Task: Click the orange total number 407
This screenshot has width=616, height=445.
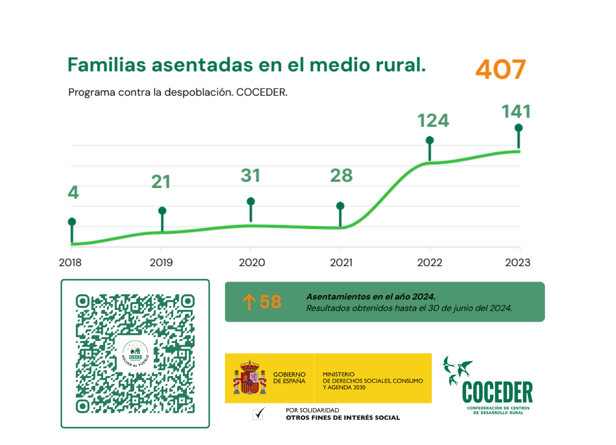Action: point(500,69)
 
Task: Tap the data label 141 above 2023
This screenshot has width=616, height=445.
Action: point(516,112)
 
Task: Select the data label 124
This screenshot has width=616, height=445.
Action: point(433,121)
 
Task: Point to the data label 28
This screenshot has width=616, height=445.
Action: point(341,176)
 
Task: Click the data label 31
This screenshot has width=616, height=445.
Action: point(251,176)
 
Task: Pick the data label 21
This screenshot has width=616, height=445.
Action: point(161,182)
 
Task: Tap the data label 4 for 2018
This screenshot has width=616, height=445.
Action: point(73,192)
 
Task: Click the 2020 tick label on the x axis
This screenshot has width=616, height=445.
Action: point(252,262)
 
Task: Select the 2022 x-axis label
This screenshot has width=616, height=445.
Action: point(429,262)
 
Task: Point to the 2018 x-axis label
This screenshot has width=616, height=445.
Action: point(70,262)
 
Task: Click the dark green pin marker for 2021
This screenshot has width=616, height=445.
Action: point(340,206)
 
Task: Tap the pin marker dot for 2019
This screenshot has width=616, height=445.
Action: point(162,211)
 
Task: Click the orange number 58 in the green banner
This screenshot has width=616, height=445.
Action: point(270,302)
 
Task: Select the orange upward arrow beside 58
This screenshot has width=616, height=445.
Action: point(248,302)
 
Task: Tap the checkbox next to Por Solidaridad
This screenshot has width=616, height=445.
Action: point(258,414)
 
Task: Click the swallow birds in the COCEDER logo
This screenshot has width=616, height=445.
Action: point(457,370)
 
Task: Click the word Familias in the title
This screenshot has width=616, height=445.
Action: point(107,65)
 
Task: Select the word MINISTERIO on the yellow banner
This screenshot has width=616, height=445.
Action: point(338,375)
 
